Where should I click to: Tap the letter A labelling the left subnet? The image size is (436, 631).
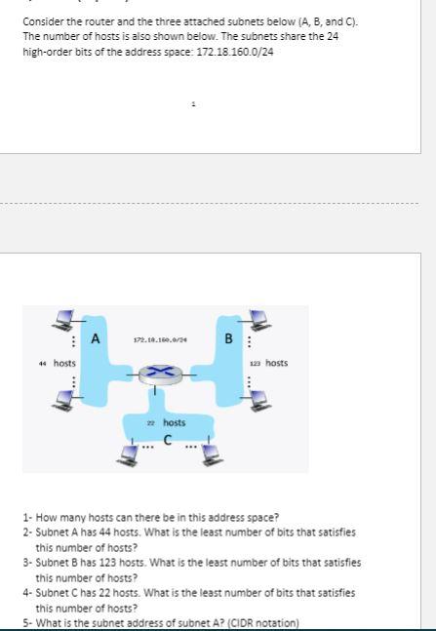click(95, 338)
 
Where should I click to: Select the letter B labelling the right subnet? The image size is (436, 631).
click(228, 338)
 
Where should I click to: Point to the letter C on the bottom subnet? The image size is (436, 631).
click(167, 439)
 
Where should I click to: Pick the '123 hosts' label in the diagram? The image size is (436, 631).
click(269, 363)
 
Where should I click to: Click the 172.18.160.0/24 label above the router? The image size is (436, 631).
click(161, 340)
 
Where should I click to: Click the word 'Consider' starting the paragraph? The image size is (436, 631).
click(41, 20)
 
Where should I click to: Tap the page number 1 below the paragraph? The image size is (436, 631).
click(194, 103)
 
